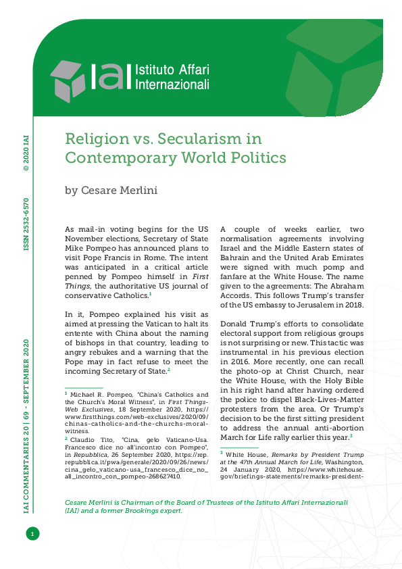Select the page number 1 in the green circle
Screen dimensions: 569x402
click(31, 535)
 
